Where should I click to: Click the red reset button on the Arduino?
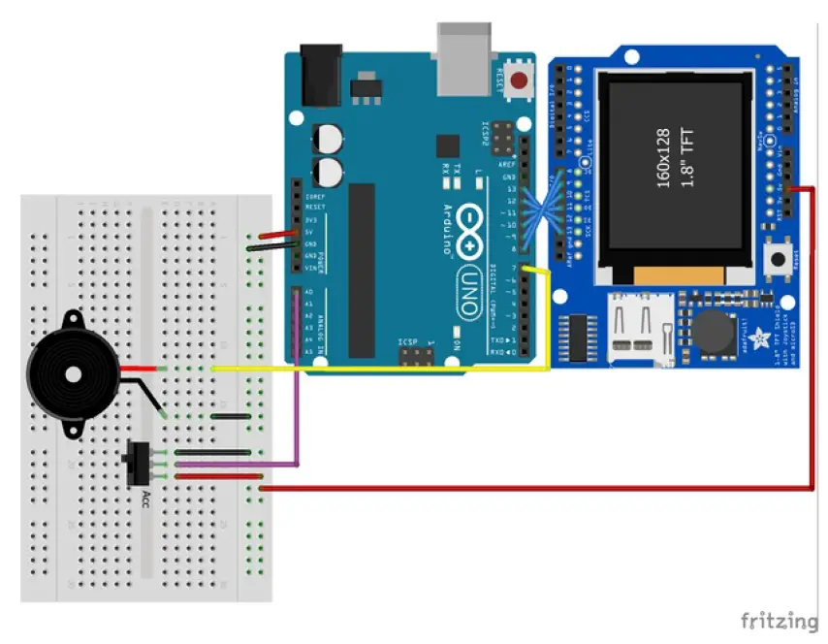(x=521, y=80)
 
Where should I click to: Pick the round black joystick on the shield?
(x=715, y=334)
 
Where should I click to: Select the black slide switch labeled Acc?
(x=136, y=463)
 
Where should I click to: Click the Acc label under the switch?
(x=146, y=500)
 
